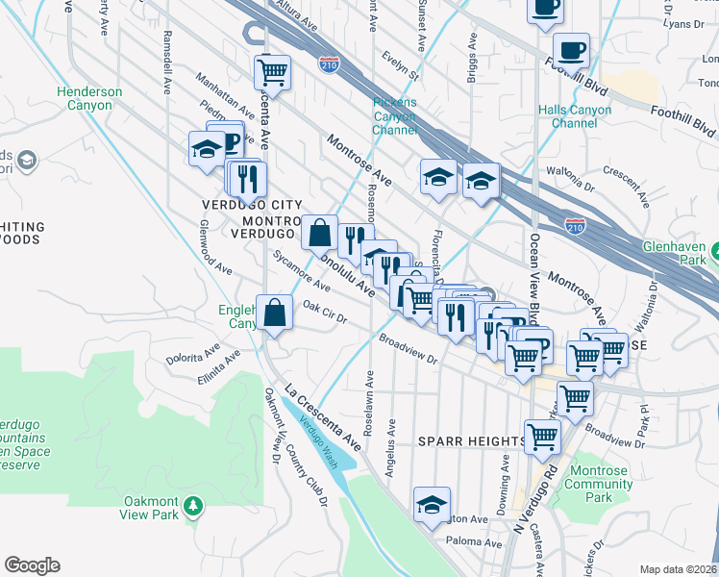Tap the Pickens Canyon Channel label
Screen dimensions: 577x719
click(x=395, y=116)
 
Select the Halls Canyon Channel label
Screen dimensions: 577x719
click(x=576, y=116)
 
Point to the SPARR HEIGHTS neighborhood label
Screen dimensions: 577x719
click(x=472, y=441)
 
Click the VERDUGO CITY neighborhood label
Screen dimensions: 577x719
click(x=252, y=205)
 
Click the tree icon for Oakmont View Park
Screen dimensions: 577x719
click(x=193, y=506)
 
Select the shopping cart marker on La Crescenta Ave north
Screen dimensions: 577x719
click(x=273, y=71)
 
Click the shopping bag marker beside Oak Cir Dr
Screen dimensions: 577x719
click(x=275, y=312)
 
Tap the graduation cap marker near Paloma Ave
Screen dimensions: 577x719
click(x=433, y=503)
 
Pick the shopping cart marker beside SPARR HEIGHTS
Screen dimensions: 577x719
click(x=542, y=436)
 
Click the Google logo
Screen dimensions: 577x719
click(x=32, y=565)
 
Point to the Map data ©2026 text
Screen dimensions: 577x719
click(x=678, y=569)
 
